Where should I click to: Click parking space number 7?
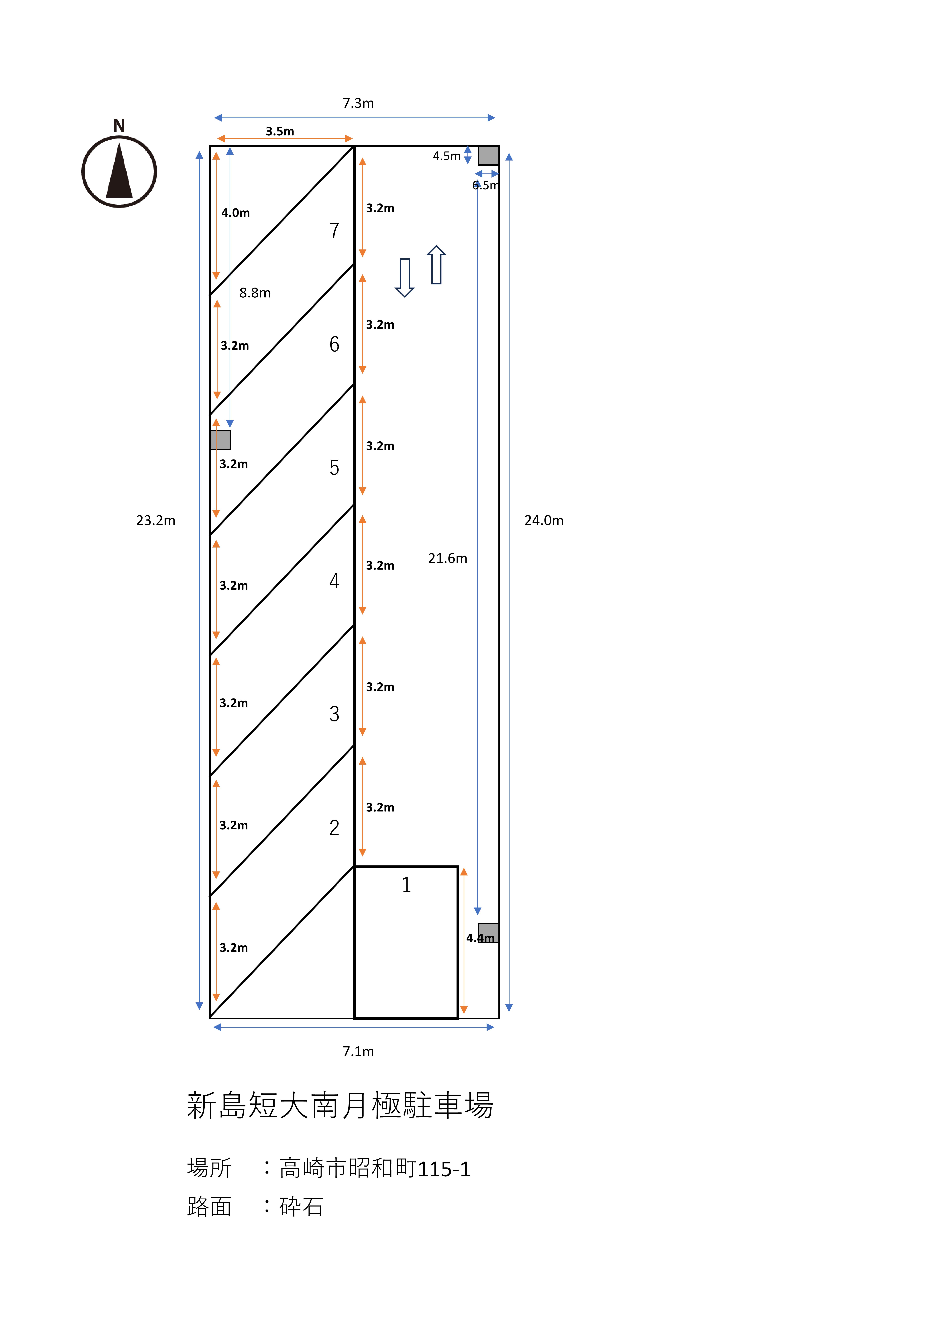point(334,231)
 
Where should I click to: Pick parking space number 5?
point(334,467)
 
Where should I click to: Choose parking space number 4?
point(334,581)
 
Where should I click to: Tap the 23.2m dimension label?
point(156,520)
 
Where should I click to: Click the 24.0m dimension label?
point(544,520)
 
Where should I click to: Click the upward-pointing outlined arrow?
point(436,265)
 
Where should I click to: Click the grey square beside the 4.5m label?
point(488,155)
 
